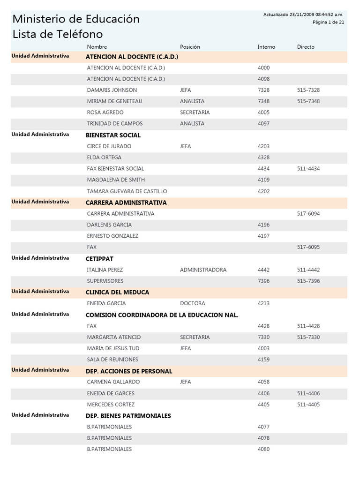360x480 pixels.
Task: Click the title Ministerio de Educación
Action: pyautogui.click(x=76, y=19)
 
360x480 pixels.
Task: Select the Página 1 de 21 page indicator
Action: pyautogui.click(x=329, y=22)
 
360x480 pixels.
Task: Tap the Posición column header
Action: pyautogui.click(x=190, y=47)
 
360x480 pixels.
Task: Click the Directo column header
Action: pyautogui.click(x=306, y=47)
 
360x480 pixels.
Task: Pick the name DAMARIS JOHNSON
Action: pyautogui.click(x=112, y=90)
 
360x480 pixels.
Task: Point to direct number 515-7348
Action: pyautogui.click(x=308, y=101)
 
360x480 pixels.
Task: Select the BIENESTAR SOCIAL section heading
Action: pyautogui.click(x=113, y=135)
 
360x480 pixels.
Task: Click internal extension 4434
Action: pyautogui.click(x=264, y=168)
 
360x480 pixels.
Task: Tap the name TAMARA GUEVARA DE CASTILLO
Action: pyautogui.click(x=127, y=191)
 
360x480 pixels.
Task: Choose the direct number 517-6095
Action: pyautogui.click(x=308, y=247)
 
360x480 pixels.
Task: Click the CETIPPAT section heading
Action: pyautogui.click(x=100, y=259)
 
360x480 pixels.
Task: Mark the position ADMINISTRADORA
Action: pyautogui.click(x=203, y=270)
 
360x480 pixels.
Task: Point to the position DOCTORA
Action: pyautogui.click(x=192, y=303)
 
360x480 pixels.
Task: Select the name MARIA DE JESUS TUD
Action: pyautogui.click(x=113, y=348)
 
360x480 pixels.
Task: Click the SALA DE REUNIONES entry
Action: pyautogui.click(x=112, y=360)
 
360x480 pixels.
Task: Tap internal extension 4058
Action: pyautogui.click(x=264, y=382)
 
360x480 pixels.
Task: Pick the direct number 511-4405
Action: pyautogui.click(x=308, y=405)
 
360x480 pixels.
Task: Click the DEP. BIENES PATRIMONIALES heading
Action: pyautogui.click(x=128, y=416)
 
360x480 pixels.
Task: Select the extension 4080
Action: pyautogui.click(x=264, y=449)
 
